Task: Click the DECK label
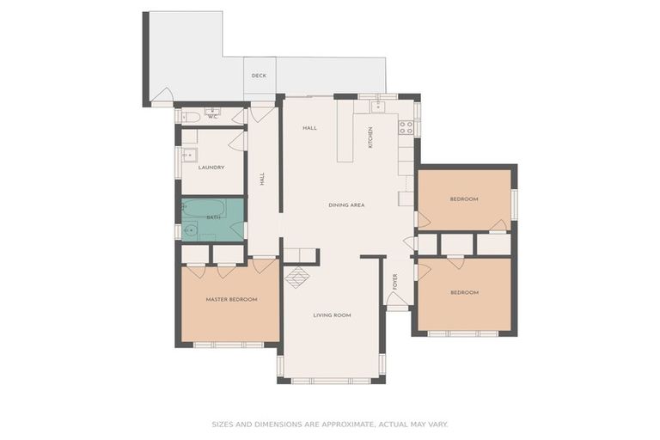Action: [259, 76]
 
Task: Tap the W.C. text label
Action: [213, 117]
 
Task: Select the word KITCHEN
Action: [371, 137]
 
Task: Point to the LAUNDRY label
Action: [211, 168]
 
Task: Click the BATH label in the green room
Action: [213, 217]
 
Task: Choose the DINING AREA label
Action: [346, 205]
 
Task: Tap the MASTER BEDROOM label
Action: [231, 300]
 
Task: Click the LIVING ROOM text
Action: [332, 315]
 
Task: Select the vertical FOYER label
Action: [395, 282]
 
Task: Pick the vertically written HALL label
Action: [262, 179]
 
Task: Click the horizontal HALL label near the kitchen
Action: [309, 128]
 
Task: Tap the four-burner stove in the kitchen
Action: [406, 127]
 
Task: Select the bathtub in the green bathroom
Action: [204, 209]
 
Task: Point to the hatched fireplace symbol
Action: [297, 278]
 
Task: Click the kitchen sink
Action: [378, 107]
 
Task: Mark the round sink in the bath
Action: [190, 230]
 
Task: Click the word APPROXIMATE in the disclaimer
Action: [346, 425]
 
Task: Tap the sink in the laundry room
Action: [189, 156]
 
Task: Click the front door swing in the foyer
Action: [397, 298]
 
